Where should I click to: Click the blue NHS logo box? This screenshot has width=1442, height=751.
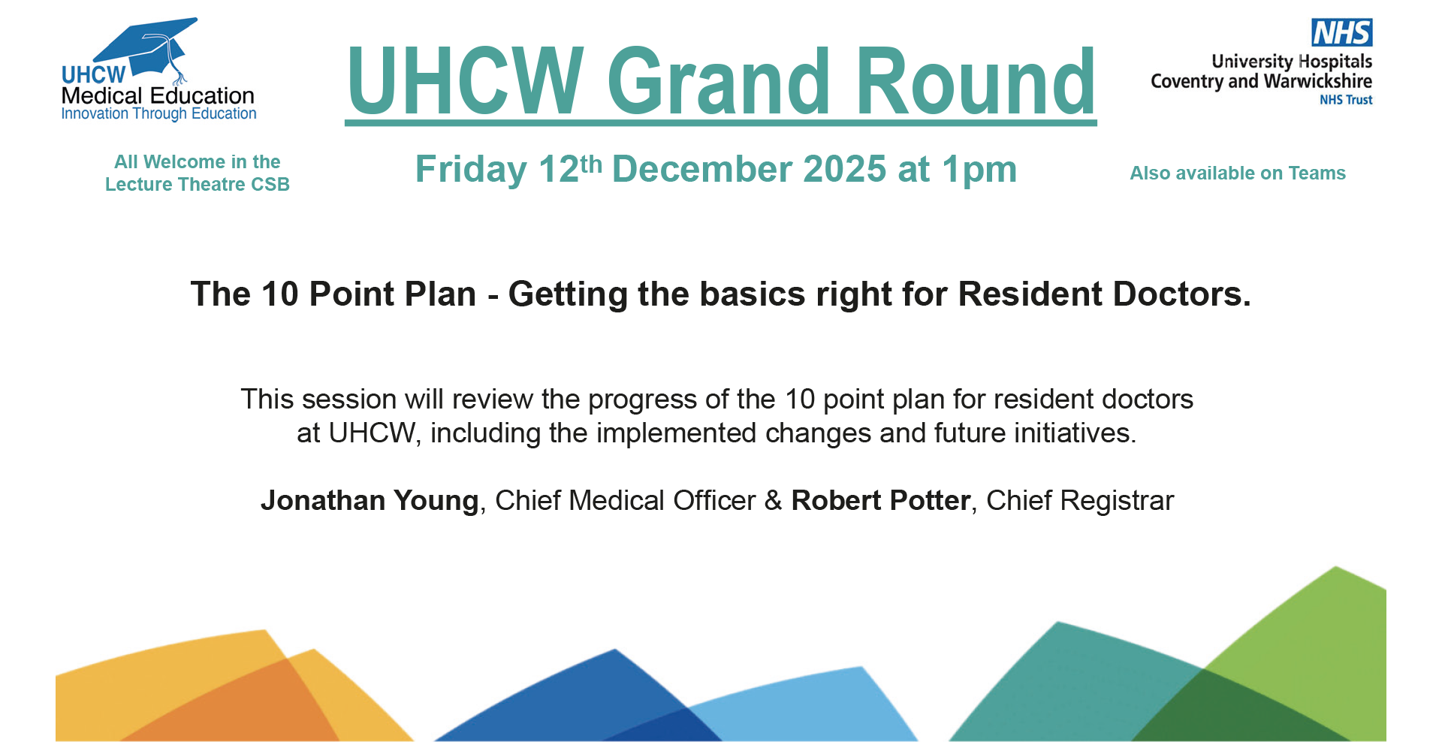click(1342, 32)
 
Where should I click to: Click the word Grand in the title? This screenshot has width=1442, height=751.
click(719, 80)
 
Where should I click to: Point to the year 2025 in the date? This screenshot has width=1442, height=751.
click(845, 169)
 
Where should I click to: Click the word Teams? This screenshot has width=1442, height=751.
click(1317, 173)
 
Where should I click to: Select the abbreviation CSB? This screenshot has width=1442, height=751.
click(270, 185)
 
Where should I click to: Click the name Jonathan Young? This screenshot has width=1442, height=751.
click(370, 501)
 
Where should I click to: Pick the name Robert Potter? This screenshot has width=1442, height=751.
click(881, 501)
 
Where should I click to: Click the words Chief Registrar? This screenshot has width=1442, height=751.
click(1080, 501)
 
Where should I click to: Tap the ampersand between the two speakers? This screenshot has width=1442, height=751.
click(774, 501)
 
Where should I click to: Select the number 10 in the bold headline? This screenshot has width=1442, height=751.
click(280, 294)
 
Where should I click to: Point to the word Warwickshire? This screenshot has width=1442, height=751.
click(1318, 81)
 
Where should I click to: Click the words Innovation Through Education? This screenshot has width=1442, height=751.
click(158, 114)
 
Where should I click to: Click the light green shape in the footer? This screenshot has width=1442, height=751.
click(1322, 638)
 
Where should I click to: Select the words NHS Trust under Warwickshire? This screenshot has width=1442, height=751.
click(1346, 100)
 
